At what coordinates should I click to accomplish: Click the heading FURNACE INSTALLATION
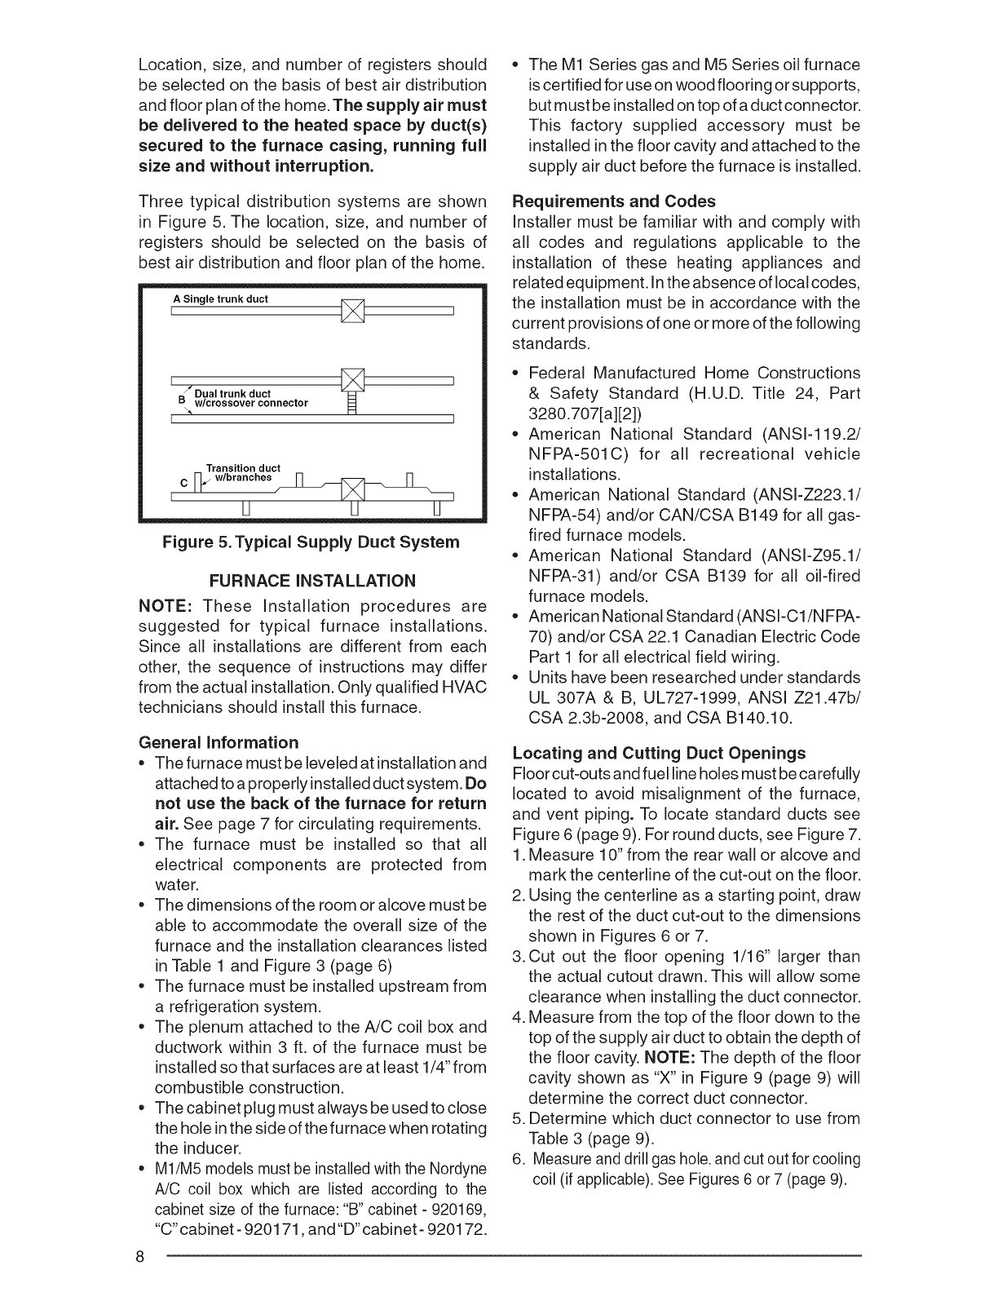pyautogui.click(x=312, y=581)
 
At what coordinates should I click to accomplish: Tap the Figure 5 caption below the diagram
pyautogui.click(x=311, y=542)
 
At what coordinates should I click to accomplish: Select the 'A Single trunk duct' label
pyautogui.click(x=220, y=299)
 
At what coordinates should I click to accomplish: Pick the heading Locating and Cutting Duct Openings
pyautogui.click(x=658, y=753)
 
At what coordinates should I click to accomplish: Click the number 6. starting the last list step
pyautogui.click(x=519, y=1160)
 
